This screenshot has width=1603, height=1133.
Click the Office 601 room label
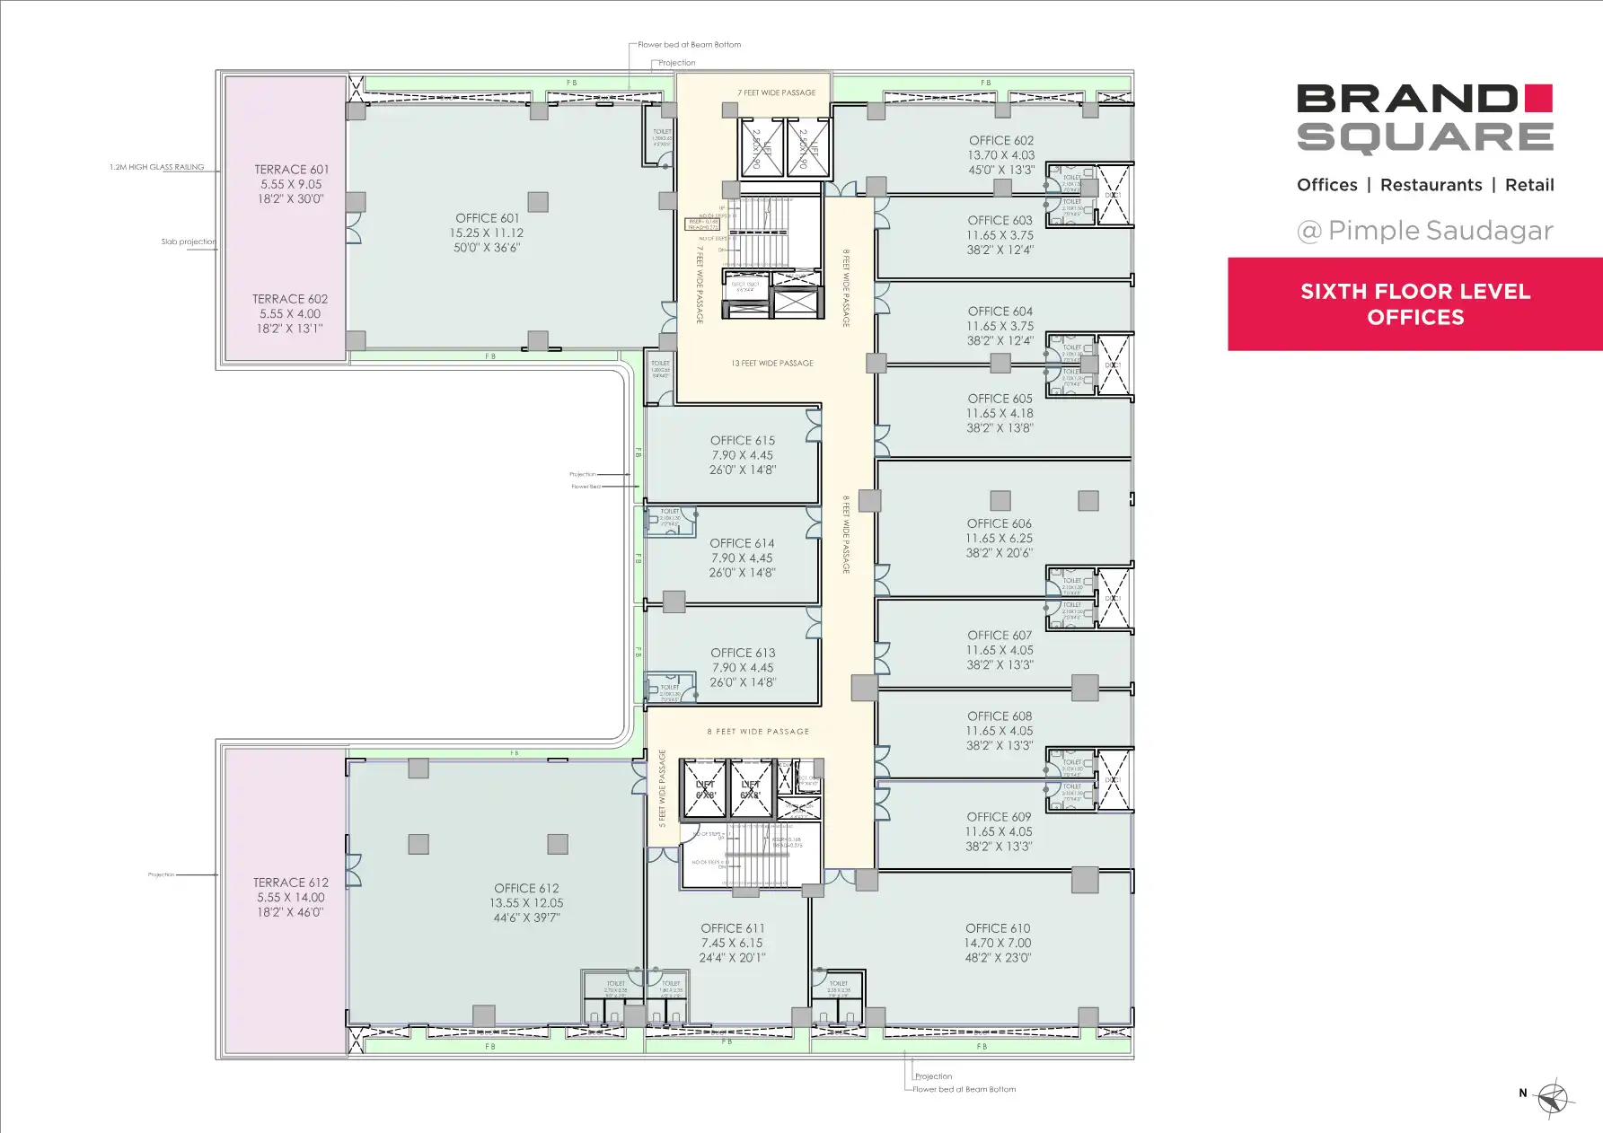click(x=488, y=218)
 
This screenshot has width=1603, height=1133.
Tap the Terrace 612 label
click(x=290, y=883)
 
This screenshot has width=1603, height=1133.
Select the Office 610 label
click(x=998, y=928)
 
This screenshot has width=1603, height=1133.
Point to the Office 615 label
click(x=742, y=441)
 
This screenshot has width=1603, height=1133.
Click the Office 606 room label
click(x=1000, y=523)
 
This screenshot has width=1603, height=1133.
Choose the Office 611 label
click(x=732, y=928)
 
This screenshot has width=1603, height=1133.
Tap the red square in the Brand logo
click(x=1538, y=98)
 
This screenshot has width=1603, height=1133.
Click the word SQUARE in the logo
click(x=1425, y=137)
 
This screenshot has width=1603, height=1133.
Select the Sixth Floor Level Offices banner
click(x=1415, y=304)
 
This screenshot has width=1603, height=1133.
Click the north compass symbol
click(x=1553, y=1097)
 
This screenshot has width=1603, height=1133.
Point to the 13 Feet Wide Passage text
click(x=772, y=364)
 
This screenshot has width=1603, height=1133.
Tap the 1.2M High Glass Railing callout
click(x=157, y=167)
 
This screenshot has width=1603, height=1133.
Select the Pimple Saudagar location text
click(x=1440, y=231)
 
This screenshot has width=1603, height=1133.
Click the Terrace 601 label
click(x=291, y=170)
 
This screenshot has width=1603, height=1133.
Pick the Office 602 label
click(x=1001, y=141)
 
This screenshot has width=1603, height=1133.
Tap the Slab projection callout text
click(x=189, y=242)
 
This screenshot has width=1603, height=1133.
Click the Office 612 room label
click(x=526, y=889)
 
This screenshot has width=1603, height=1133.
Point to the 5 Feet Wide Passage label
click(x=663, y=788)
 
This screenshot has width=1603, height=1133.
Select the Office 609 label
click(x=999, y=817)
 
